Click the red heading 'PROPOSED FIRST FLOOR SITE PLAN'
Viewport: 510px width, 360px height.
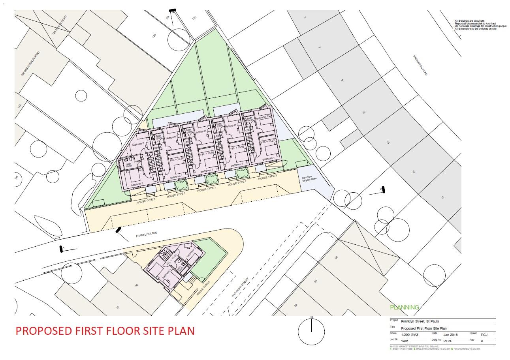point(105,330)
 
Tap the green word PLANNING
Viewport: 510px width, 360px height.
point(404,307)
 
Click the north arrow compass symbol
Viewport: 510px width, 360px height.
point(312,331)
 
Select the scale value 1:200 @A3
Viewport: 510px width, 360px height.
point(409,334)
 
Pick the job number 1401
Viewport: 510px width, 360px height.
point(405,341)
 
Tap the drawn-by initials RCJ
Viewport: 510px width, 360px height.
point(485,334)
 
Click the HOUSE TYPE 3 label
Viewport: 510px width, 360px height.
point(268,178)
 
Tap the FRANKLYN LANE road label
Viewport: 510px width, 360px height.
point(147,234)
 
